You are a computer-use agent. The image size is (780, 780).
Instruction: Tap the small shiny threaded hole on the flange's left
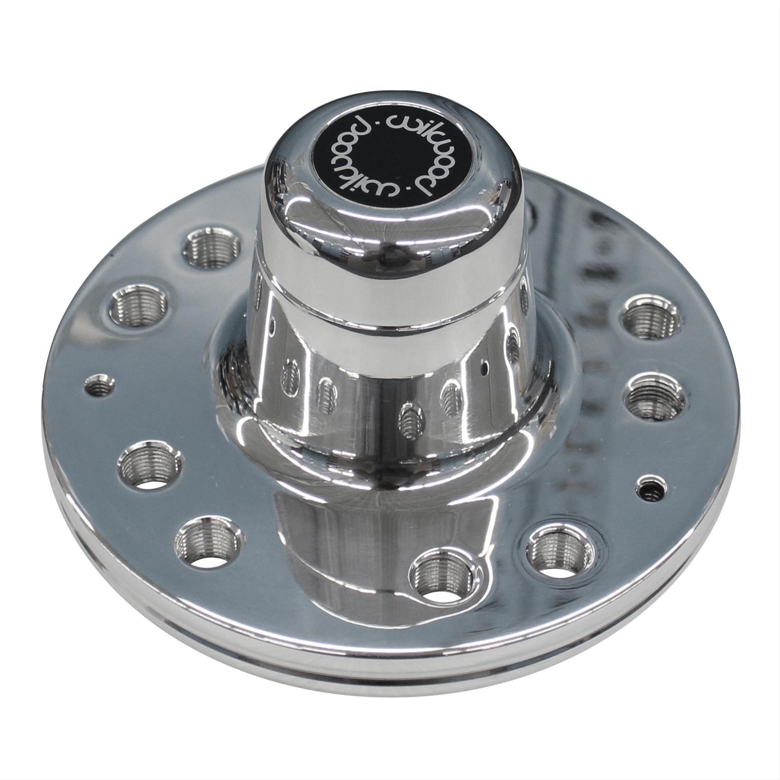point(100,386)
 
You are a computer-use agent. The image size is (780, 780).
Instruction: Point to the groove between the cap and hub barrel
point(390,322)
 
